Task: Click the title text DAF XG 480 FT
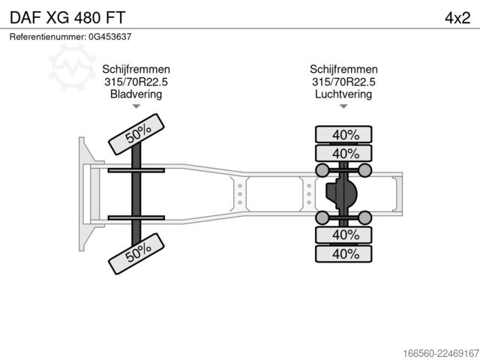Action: (67, 18)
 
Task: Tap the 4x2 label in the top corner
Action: (457, 18)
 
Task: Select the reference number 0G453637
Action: (110, 37)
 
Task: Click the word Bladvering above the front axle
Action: (136, 94)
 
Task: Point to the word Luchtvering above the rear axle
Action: (343, 94)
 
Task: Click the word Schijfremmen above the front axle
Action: (136, 69)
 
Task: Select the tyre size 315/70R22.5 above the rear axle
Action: (343, 82)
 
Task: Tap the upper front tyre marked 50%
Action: (136, 134)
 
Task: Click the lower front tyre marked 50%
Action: (136, 253)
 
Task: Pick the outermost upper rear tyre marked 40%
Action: (343, 134)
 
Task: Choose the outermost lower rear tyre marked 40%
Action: (343, 253)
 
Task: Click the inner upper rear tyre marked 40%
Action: (343, 153)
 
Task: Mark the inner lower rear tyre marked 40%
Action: (343, 235)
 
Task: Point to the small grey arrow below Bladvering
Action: (136, 106)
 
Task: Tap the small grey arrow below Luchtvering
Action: (343, 106)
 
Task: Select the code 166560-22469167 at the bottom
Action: (441, 353)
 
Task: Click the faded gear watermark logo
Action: (72, 67)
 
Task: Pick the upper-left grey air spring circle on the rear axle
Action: (322, 170)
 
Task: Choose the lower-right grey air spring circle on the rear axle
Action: (365, 217)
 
